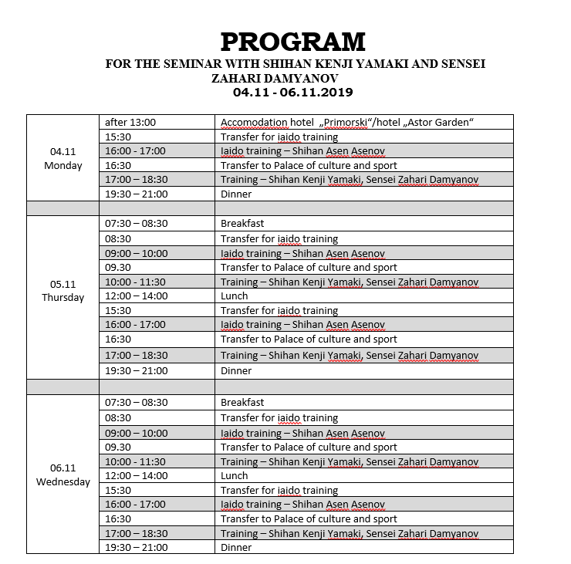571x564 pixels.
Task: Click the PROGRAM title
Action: (292, 41)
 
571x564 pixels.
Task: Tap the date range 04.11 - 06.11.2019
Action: (292, 93)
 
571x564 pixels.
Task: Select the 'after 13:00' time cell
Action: (130, 122)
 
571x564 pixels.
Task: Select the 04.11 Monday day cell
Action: (63, 159)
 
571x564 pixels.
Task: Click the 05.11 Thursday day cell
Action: (63, 290)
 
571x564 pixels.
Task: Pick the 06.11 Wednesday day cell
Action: (63, 475)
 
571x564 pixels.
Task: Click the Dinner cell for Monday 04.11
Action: (236, 194)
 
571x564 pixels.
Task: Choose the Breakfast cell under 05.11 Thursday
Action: (242, 224)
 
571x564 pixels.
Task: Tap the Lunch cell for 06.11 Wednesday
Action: (235, 476)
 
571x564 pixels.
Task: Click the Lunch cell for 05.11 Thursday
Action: (235, 296)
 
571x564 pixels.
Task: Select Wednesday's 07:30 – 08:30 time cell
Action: (136, 402)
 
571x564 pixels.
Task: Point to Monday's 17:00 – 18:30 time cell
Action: (136, 180)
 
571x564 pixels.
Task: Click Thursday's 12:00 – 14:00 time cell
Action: (136, 296)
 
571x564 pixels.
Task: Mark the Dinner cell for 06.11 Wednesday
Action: (236, 548)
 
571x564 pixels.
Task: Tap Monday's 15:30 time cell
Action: (118, 137)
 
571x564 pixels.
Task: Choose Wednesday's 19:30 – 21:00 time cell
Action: (136, 548)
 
